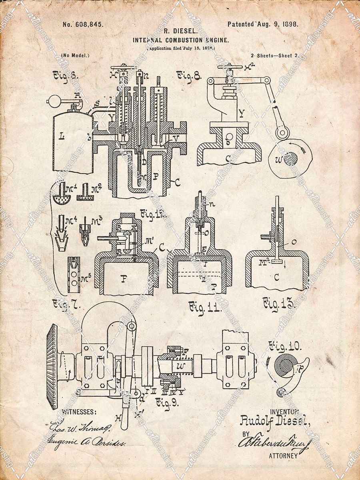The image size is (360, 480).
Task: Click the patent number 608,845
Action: point(83,24)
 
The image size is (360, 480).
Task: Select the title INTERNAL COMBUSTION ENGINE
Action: point(181,40)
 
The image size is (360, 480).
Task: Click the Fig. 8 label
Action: point(188,75)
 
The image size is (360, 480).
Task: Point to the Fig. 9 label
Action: point(166,402)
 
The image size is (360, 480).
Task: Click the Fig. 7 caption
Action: point(66,304)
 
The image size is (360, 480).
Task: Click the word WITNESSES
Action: point(79,412)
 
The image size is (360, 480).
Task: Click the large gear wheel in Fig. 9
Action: point(52,367)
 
